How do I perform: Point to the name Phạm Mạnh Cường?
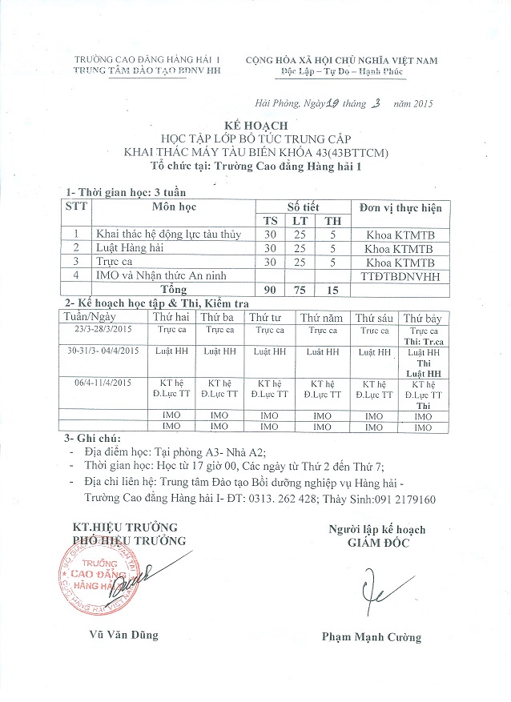click(x=371, y=638)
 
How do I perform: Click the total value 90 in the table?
click(x=272, y=290)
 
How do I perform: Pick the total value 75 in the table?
click(x=299, y=290)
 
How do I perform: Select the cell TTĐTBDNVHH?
click(x=398, y=276)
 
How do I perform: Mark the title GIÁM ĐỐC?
click(x=376, y=544)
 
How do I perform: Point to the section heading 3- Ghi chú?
click(x=93, y=439)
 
